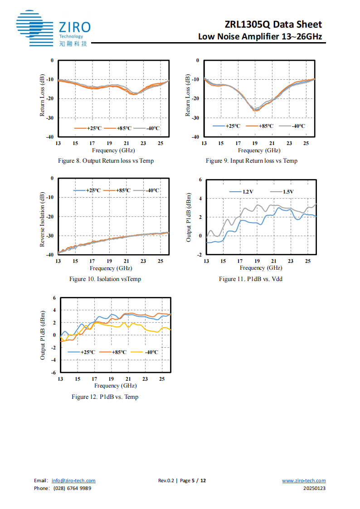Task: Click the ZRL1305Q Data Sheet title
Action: [273, 24]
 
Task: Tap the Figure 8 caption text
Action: [106, 161]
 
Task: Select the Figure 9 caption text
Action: [252, 161]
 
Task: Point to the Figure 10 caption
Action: [105, 279]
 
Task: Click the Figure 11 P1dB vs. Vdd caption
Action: [251, 279]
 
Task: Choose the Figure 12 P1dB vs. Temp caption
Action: [105, 397]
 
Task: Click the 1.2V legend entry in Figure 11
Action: [242, 192]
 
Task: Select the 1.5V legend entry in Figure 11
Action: [282, 192]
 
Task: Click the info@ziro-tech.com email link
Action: [73, 481]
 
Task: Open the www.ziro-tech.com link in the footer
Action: [304, 481]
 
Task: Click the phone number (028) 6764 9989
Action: [72, 488]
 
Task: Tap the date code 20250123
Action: [315, 488]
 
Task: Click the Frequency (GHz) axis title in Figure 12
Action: [115, 386]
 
